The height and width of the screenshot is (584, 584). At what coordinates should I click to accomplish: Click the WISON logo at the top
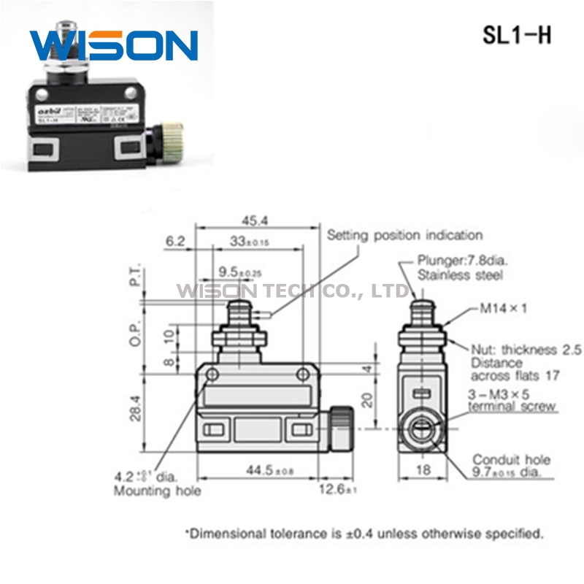pos(114,45)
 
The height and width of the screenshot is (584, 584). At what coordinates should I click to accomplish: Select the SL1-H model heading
pos(517,36)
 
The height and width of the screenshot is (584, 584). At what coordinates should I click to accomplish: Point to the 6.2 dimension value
pos(176,239)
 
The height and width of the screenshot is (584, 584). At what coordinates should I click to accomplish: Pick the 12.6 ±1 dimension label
pos(337,490)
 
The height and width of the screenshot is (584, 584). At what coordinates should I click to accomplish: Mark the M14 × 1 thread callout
pos(503,309)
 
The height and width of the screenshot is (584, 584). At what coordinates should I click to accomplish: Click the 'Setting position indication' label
pos(404,235)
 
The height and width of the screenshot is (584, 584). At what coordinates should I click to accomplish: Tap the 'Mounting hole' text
pos(157,491)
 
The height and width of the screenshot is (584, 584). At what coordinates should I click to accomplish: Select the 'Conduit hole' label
pos(511,460)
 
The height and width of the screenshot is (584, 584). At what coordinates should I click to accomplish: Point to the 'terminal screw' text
pos(512,407)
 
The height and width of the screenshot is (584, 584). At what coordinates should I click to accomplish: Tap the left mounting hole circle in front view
pos(212,375)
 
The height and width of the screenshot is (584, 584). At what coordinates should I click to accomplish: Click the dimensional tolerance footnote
pos(365,534)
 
